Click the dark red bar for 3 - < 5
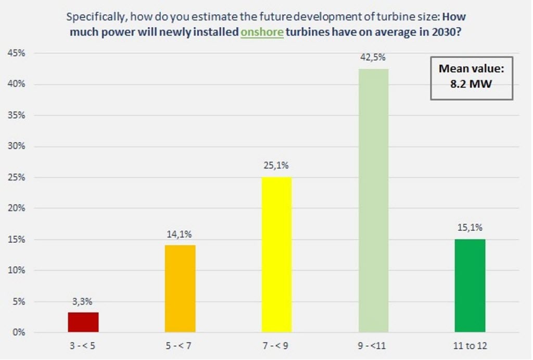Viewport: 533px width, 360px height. [83, 322]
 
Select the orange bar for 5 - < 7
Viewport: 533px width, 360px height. [180, 289]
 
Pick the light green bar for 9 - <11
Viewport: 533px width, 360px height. [373, 201]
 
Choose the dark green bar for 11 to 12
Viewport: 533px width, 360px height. [470, 285]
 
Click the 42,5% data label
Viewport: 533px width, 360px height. [373, 58]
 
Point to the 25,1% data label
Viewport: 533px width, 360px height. [276, 166]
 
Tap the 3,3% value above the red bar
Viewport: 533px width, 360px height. [83, 301]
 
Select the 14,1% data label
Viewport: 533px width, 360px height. [180, 234]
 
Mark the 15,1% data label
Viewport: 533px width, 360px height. [470, 227]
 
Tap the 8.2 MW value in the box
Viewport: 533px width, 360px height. [472, 82]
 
